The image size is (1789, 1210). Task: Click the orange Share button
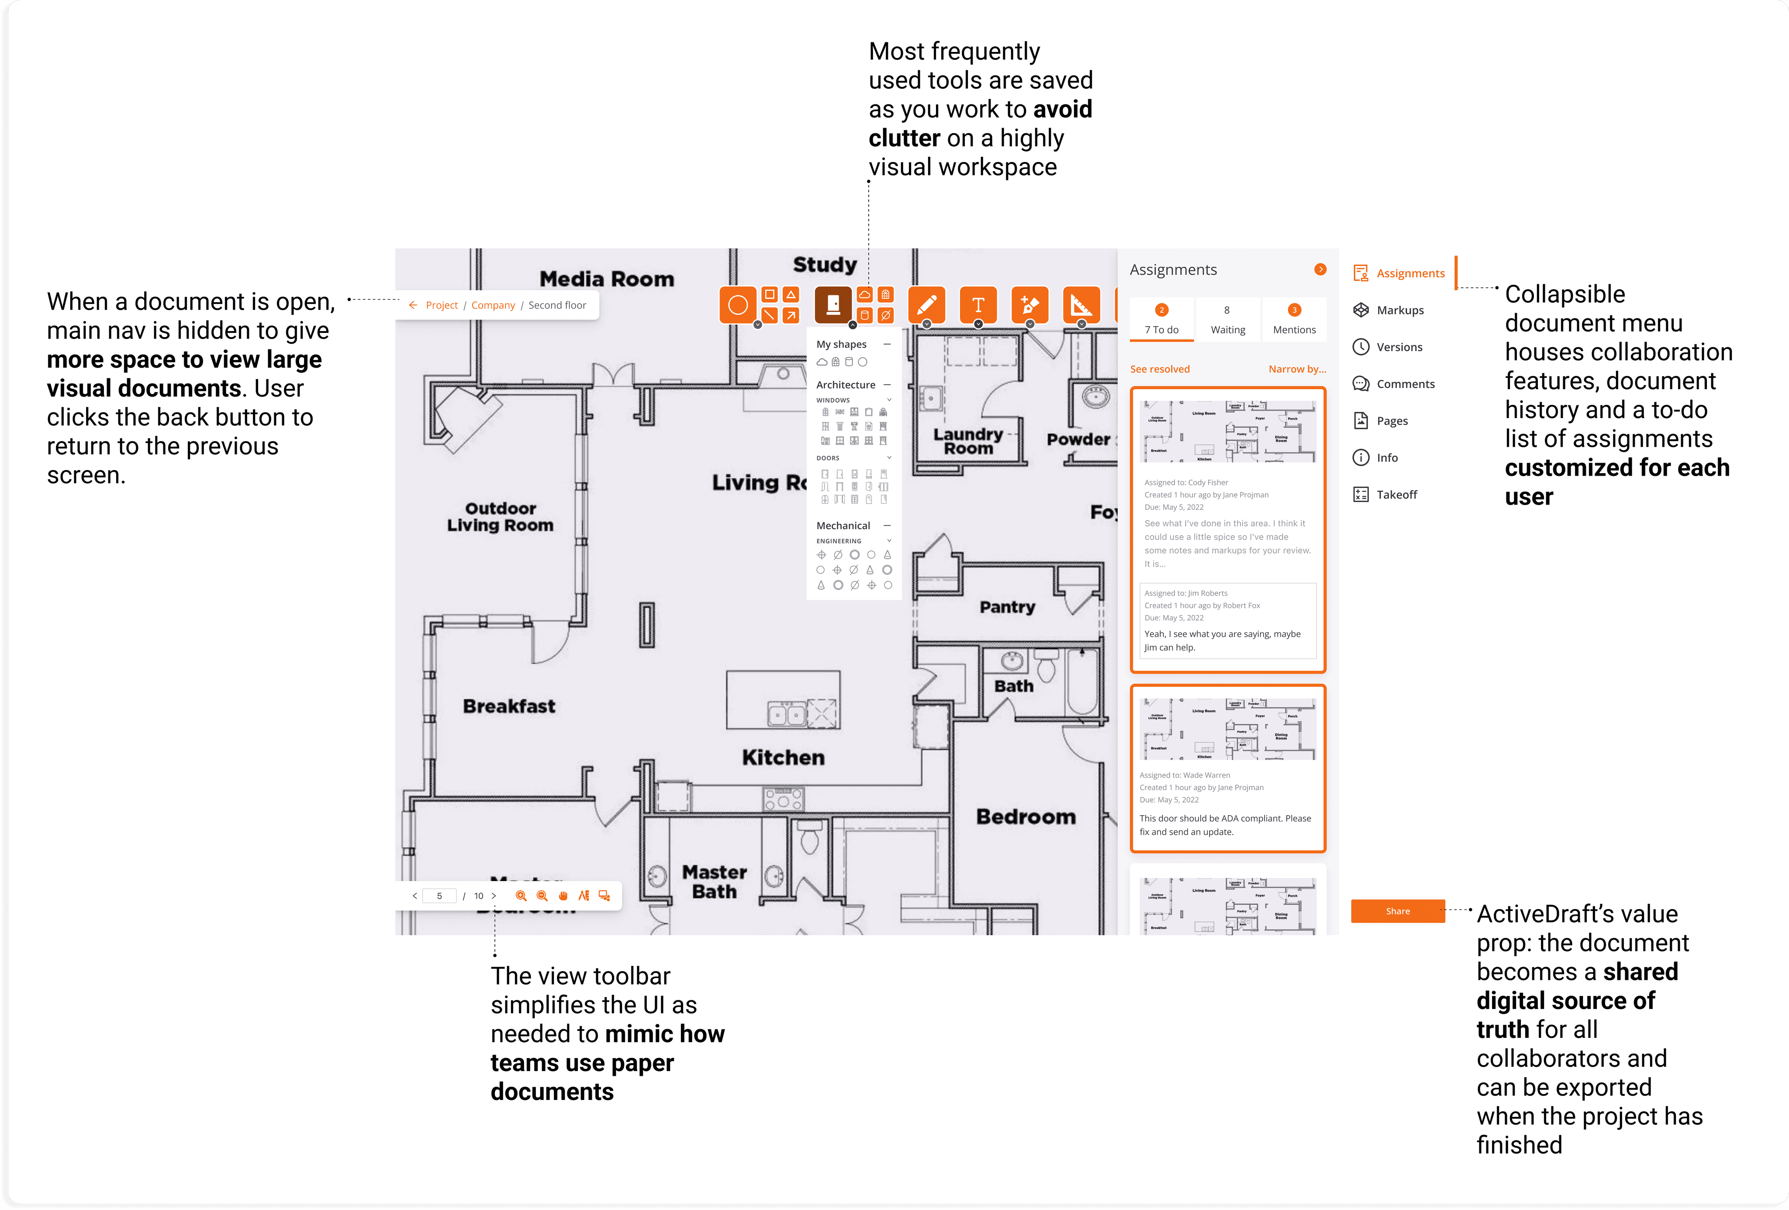click(1397, 911)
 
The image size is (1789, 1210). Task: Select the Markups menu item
click(1399, 310)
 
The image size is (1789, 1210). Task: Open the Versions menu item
click(1399, 347)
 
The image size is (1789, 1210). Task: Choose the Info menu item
click(1386, 458)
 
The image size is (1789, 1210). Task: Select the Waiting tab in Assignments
click(1227, 319)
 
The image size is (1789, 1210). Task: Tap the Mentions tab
click(1294, 319)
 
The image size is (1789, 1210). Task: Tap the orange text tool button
click(977, 305)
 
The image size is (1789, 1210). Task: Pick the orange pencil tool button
click(927, 305)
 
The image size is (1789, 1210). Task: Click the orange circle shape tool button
click(737, 305)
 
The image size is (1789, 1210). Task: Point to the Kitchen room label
click(783, 757)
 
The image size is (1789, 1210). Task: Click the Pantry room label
click(1007, 607)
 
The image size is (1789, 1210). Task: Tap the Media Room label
click(607, 279)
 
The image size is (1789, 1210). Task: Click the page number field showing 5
click(439, 896)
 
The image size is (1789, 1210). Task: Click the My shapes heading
click(841, 345)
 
